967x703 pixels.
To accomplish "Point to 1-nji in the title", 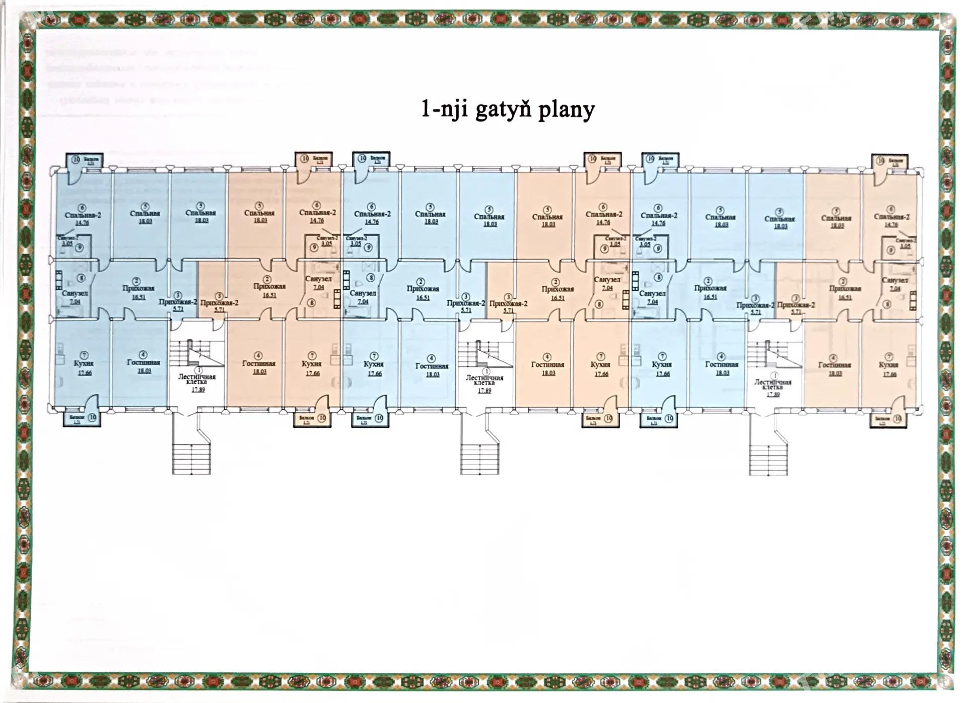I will (444, 109).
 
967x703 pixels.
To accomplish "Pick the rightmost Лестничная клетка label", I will (773, 385).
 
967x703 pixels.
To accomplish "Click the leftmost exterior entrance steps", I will (191, 458).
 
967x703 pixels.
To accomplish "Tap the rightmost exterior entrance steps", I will (769, 459).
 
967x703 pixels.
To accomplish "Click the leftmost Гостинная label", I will (144, 362).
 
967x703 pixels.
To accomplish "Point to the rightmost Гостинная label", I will (835, 365).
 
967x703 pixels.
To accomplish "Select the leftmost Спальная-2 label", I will (83, 215).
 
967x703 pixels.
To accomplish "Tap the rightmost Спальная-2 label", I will (891, 217).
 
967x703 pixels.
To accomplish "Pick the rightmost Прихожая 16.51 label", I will (845, 289).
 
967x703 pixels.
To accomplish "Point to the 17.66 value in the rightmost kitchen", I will (889, 374).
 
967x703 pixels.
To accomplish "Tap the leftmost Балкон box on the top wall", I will (85, 160).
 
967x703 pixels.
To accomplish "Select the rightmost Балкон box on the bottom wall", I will (888, 419).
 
